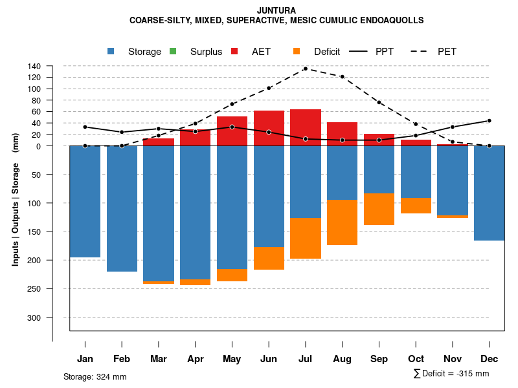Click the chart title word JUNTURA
(276, 10)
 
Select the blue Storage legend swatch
(111, 52)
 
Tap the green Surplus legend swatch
(173, 52)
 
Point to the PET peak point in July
(305, 69)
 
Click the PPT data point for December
(489, 121)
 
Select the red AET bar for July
(306, 127)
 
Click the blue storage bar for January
(85, 201)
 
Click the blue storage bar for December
(489, 193)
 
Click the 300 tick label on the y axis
(34, 318)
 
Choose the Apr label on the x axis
(195, 359)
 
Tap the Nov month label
(453, 359)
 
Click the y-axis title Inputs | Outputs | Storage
(16, 199)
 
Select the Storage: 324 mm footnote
(95, 376)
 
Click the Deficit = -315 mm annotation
(451, 374)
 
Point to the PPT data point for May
(232, 127)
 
